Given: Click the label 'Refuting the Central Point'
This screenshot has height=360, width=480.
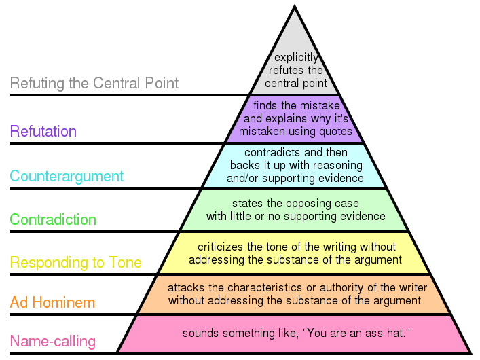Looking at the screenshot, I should pos(94,84).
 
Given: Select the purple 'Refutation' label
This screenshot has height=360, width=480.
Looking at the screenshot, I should pos(43,131).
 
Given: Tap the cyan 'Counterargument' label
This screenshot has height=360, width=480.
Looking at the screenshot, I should pos(67,177).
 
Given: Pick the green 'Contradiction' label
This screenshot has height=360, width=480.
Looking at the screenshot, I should pos(53,220).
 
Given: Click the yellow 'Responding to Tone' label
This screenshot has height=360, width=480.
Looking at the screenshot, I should pos(75,263).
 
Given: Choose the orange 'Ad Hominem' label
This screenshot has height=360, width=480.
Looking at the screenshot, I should pos(52,302).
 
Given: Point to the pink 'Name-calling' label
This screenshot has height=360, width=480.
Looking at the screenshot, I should pos(52,341).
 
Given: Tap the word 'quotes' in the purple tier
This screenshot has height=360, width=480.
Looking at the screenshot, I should pos(335,131).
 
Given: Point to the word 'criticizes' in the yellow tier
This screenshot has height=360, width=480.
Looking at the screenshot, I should pos(220,247).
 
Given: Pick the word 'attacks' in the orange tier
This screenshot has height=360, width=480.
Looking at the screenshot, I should pos(184,287).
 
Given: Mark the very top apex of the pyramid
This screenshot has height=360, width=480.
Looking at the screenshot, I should pos(294,7).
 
